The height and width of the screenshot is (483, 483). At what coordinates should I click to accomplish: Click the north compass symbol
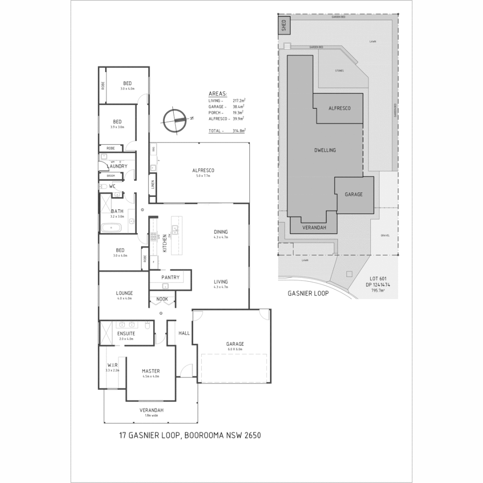tap(174, 120)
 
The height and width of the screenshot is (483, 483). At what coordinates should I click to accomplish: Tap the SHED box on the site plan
tap(284, 26)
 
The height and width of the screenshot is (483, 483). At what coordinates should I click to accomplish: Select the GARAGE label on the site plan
tap(353, 195)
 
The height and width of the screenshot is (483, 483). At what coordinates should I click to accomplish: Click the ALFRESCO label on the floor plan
tap(203, 170)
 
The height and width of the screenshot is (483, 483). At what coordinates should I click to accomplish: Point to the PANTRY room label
tap(170, 277)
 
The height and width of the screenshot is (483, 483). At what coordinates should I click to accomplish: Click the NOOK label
tap(162, 299)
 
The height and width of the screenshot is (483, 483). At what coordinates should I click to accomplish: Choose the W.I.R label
tap(112, 365)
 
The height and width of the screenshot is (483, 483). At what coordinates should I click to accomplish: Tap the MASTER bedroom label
tap(151, 371)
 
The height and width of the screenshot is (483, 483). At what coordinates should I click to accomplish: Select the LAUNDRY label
tap(117, 166)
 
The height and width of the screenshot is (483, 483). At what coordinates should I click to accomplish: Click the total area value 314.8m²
tap(240, 131)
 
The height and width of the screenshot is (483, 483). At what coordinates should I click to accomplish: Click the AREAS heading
tap(218, 94)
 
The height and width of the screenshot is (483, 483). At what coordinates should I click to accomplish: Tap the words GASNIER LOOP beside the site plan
tap(309, 294)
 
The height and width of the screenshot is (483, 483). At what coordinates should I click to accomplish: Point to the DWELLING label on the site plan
tap(325, 150)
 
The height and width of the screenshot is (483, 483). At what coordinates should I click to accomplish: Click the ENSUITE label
tap(127, 334)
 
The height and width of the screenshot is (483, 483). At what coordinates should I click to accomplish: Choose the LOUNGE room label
tap(125, 293)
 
